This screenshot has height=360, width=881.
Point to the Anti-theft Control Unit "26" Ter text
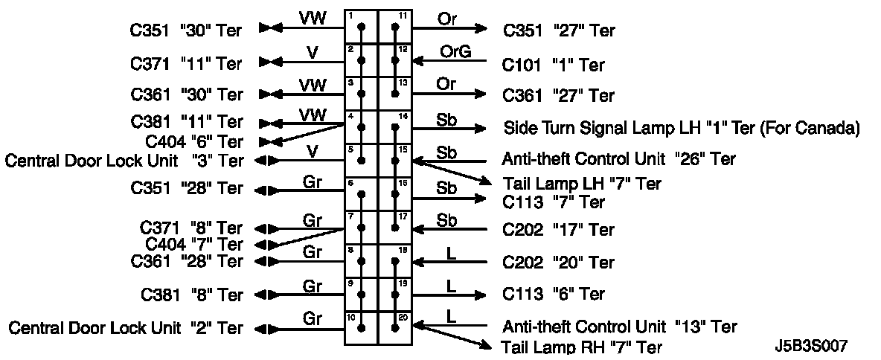coord(619,159)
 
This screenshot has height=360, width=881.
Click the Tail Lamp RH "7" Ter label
coord(581,347)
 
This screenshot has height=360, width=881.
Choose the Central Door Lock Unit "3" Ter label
coord(124,160)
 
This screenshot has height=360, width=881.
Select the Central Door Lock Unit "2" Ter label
coord(125,327)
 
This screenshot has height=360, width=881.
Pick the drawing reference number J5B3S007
coord(810,346)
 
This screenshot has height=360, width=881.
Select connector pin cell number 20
coord(395,328)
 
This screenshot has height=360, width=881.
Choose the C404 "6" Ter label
coord(193,141)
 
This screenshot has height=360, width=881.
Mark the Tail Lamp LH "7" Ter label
coord(581,184)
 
